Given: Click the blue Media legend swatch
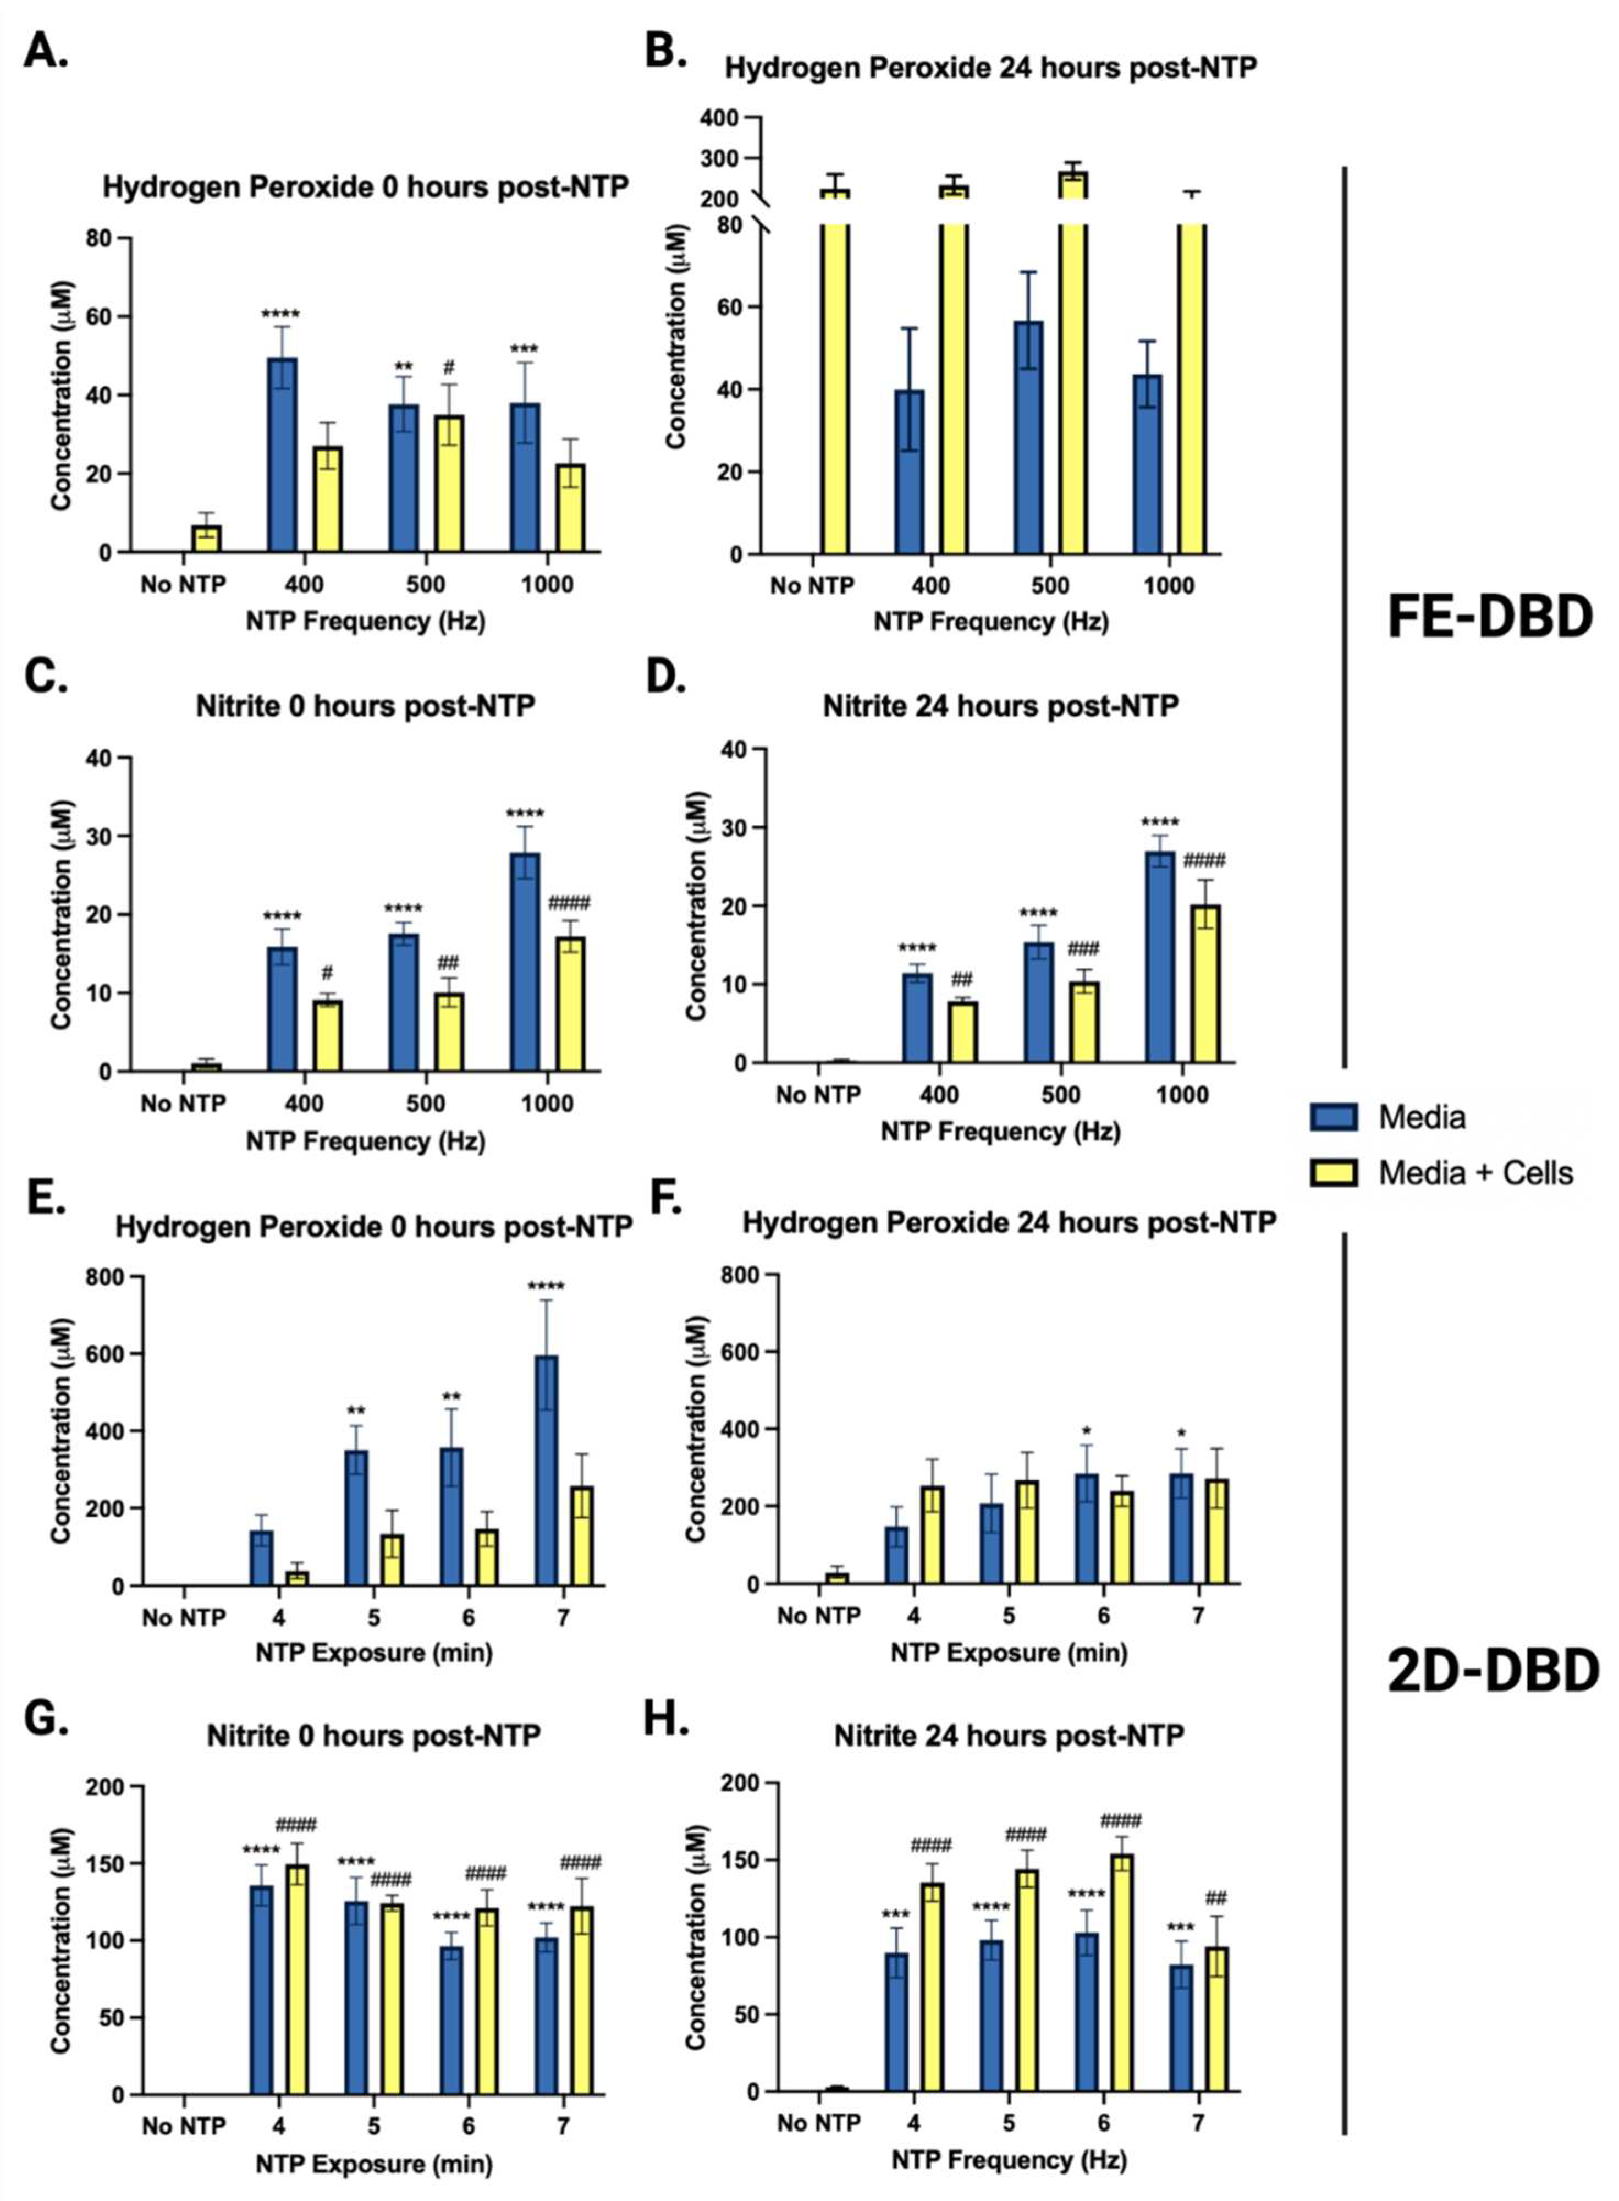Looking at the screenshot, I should pyautogui.click(x=1333, y=1117).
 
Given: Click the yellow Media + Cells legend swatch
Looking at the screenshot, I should pyautogui.click(x=1333, y=1172).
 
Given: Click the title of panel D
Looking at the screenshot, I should pyautogui.click(x=1000, y=706).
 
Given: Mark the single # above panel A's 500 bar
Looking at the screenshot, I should pyautogui.click(x=449, y=367).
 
